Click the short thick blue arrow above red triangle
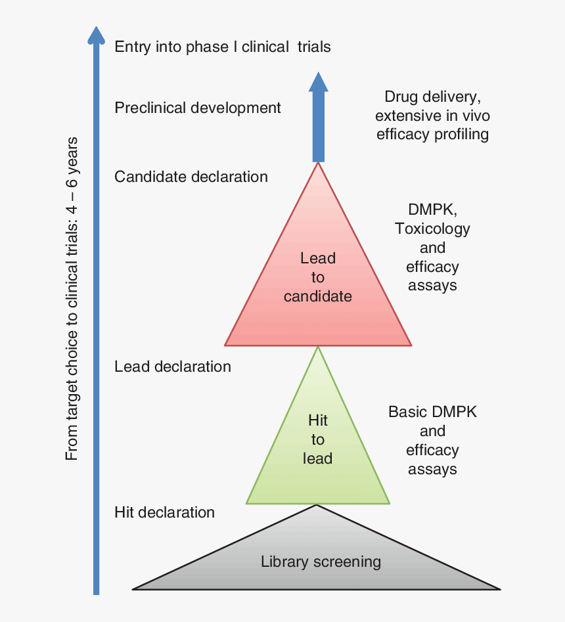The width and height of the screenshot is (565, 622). pyautogui.click(x=318, y=125)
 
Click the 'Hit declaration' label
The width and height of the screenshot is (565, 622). pyautogui.click(x=164, y=512)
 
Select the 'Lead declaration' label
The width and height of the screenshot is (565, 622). pyautogui.click(x=173, y=367)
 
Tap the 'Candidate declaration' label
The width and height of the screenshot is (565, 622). pyautogui.click(x=191, y=177)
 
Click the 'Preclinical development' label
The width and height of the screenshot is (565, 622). pyautogui.click(x=198, y=108)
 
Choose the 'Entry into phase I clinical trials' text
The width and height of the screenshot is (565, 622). pyautogui.click(x=222, y=47)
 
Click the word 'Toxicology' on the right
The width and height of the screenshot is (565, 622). pyautogui.click(x=432, y=229)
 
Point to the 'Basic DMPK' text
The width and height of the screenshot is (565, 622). pyautogui.click(x=432, y=412)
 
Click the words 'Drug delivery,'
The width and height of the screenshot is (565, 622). pyautogui.click(x=432, y=97)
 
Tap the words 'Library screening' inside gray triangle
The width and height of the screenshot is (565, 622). pyautogui.click(x=321, y=562)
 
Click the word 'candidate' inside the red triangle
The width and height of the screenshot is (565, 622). pyautogui.click(x=318, y=297)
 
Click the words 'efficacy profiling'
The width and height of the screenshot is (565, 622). pyautogui.click(x=432, y=135)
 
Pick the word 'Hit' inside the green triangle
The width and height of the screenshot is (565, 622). pyautogui.click(x=318, y=420)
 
